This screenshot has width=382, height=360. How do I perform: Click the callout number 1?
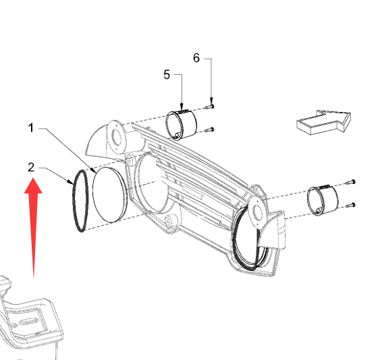point(30,128)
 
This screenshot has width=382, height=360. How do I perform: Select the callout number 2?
point(31,167)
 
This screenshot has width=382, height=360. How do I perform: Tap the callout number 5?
point(167,74)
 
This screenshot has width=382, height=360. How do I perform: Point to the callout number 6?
point(196,58)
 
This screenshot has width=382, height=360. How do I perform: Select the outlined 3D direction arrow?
point(323,122)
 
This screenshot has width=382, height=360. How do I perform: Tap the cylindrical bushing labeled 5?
point(182,125)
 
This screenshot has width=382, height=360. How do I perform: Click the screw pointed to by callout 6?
point(210,107)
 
